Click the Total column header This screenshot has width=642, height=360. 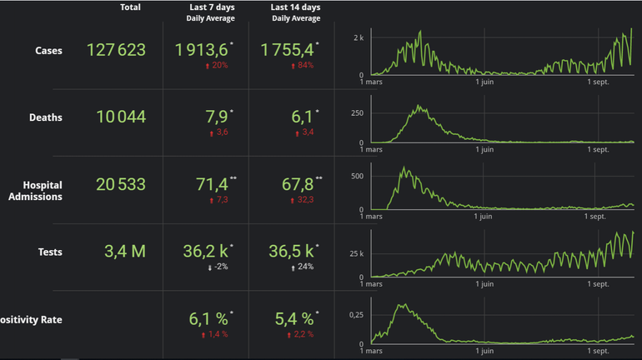130,7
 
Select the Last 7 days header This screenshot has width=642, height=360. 210,12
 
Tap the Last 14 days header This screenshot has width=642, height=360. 296,12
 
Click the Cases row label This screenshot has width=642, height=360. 49,51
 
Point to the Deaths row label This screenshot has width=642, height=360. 45,117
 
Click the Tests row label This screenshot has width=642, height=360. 50,252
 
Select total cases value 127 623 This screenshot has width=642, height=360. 116,50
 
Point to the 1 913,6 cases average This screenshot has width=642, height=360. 202,49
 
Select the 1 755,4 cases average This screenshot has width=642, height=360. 288,49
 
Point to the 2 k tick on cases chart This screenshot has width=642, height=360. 359,38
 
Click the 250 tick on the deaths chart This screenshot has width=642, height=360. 356,112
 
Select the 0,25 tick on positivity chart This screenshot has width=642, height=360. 354,313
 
